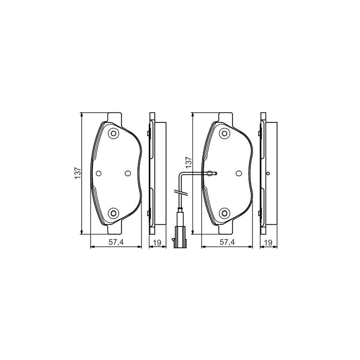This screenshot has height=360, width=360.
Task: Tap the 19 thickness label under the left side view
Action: click(x=158, y=242)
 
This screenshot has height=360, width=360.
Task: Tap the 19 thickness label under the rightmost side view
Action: click(x=268, y=242)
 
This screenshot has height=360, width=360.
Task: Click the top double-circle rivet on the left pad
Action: click(x=114, y=134)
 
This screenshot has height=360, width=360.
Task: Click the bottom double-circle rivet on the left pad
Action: click(x=114, y=213)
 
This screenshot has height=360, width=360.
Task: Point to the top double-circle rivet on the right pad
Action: click(x=224, y=134)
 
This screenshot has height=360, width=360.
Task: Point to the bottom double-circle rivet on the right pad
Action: click(x=224, y=213)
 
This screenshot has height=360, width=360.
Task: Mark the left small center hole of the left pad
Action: click(x=99, y=173)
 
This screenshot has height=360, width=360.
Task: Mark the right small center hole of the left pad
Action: click(x=128, y=173)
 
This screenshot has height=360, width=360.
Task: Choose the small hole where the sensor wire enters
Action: click(x=210, y=173)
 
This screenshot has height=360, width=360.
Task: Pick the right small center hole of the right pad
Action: click(x=238, y=173)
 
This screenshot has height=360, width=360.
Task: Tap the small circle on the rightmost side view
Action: click(x=268, y=174)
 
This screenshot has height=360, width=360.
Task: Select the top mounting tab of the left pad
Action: click(x=114, y=117)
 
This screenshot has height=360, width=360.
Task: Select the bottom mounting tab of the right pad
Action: click(x=225, y=230)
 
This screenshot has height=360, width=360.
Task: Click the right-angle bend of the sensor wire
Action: click(x=181, y=173)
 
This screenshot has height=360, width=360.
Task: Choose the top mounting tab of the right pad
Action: click(x=225, y=117)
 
